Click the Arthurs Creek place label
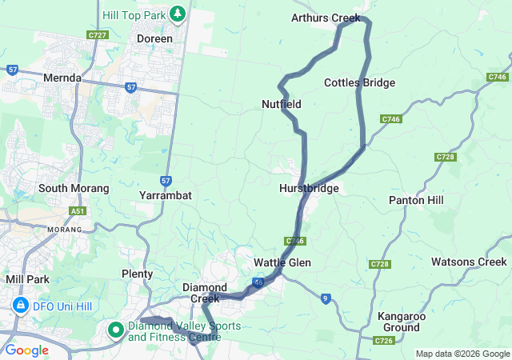tap(326, 18)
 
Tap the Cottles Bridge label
tap(359, 83)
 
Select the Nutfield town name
tap(282, 104)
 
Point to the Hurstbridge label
tap(310, 189)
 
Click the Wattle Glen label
tap(282, 262)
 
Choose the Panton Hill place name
tap(416, 200)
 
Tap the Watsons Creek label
tap(469, 262)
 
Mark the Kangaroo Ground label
tap(400, 322)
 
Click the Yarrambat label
tap(165, 195)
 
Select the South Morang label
tap(74, 189)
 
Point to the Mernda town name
tap(64, 78)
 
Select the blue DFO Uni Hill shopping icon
tap(19, 305)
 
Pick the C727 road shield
tap(98, 35)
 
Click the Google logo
tap(26, 350)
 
